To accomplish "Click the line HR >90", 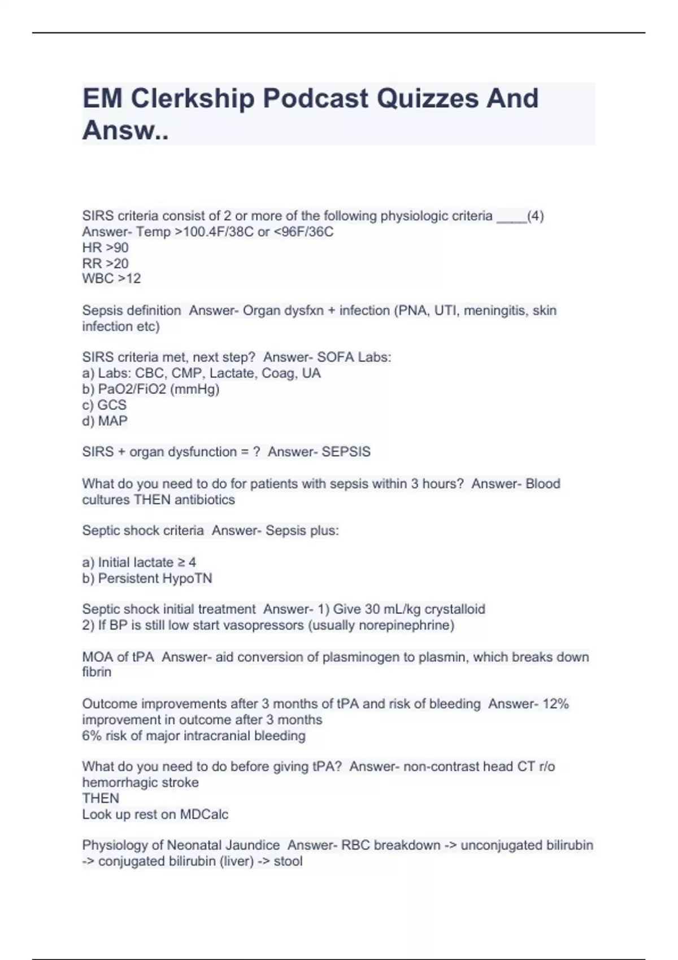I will click(x=105, y=247).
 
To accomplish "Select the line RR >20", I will click(x=105, y=263).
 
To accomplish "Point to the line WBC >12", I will click(x=111, y=278).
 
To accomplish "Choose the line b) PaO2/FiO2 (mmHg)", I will click(x=150, y=389).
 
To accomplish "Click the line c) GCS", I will click(x=105, y=405).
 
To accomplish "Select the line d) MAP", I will click(x=105, y=421).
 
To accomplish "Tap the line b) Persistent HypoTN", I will click(x=147, y=578).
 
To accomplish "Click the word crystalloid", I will click(x=455, y=609).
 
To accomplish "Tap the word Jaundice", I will click(x=253, y=845).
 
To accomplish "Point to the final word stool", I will click(x=288, y=861).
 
